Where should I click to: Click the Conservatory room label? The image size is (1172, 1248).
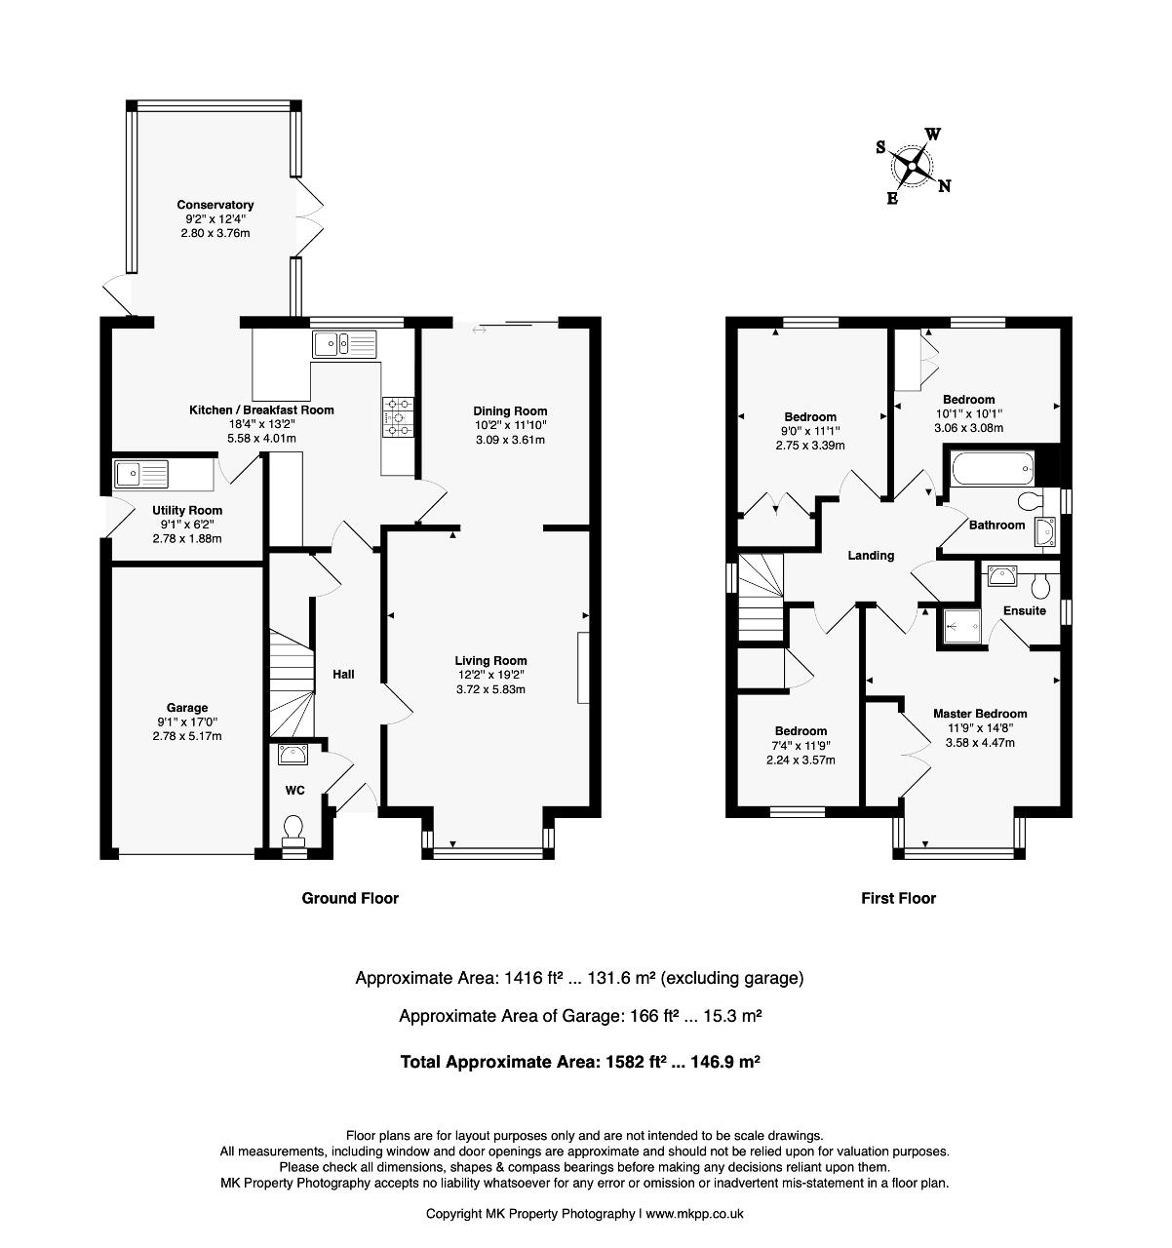click(x=215, y=205)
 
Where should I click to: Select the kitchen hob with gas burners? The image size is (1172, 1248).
click(x=397, y=416)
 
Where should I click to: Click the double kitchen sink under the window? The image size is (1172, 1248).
click(x=345, y=344)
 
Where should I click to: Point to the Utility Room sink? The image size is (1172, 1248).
click(x=141, y=474)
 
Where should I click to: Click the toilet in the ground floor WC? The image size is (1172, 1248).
click(x=293, y=830)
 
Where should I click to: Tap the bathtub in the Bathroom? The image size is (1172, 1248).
click(x=993, y=469)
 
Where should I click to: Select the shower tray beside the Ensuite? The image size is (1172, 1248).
click(x=957, y=626)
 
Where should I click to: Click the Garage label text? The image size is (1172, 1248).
click(x=186, y=708)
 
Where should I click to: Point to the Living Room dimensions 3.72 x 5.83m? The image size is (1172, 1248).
click(x=490, y=689)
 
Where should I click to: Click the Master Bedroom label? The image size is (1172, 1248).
click(x=980, y=714)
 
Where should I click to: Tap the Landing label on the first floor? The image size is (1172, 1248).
click(x=871, y=556)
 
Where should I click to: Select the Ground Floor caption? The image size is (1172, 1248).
click(x=350, y=899)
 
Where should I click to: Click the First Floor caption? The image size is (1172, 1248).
click(x=898, y=899)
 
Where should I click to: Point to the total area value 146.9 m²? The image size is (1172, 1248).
click(x=725, y=1062)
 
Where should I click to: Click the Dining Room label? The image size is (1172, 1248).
click(x=510, y=411)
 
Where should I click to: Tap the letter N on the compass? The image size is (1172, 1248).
click(x=944, y=186)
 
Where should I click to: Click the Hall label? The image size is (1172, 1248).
click(x=343, y=675)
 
